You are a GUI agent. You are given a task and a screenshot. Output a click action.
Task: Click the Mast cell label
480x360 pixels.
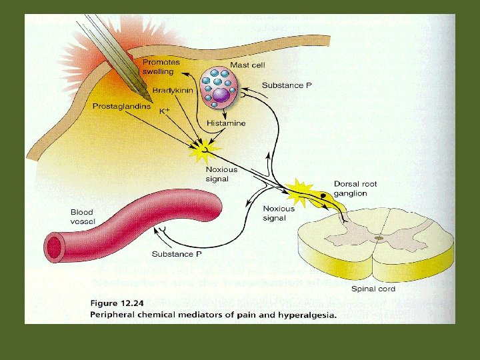[x=247, y=65]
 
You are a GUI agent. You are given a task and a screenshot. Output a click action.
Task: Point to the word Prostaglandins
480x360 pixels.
[x=120, y=105]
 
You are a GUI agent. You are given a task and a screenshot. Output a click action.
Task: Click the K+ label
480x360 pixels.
[x=165, y=111]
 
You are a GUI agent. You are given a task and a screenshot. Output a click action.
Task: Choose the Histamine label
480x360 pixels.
[x=226, y=123]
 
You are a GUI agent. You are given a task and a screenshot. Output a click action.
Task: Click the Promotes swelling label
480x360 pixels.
[x=158, y=67]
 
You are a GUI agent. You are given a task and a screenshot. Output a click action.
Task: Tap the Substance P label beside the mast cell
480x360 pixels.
[x=287, y=85]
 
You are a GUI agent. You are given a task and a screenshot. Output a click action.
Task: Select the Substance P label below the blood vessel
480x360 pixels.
[x=177, y=254]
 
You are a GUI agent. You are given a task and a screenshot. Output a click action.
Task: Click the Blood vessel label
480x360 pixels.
[x=83, y=217]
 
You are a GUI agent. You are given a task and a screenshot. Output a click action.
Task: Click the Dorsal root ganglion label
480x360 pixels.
[x=355, y=189]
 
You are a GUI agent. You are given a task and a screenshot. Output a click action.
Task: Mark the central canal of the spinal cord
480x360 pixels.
[x=379, y=237]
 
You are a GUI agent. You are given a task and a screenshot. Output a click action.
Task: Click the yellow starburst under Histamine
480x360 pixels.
[x=199, y=148]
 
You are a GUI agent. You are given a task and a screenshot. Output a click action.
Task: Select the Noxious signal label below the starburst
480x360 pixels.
[x=221, y=174]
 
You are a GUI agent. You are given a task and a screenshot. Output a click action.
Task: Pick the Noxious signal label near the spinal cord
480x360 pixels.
[x=279, y=213]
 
